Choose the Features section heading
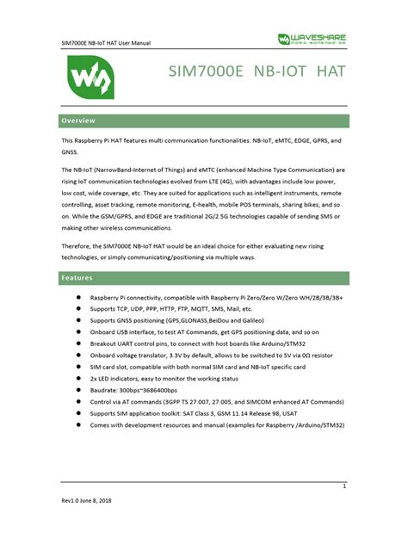tap(77, 278)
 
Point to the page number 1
tap(343, 486)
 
